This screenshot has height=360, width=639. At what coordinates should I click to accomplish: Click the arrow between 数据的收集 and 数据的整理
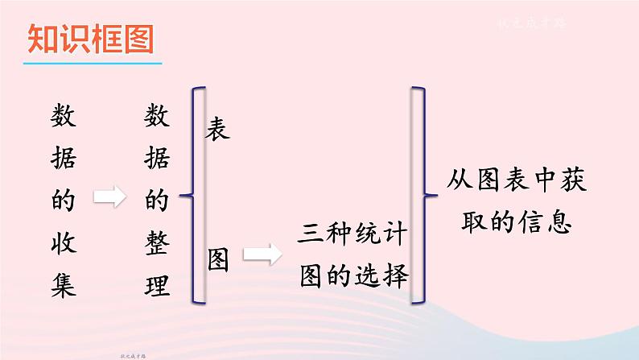[x=109, y=196]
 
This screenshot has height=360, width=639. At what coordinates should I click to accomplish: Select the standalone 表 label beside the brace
[x=218, y=127]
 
